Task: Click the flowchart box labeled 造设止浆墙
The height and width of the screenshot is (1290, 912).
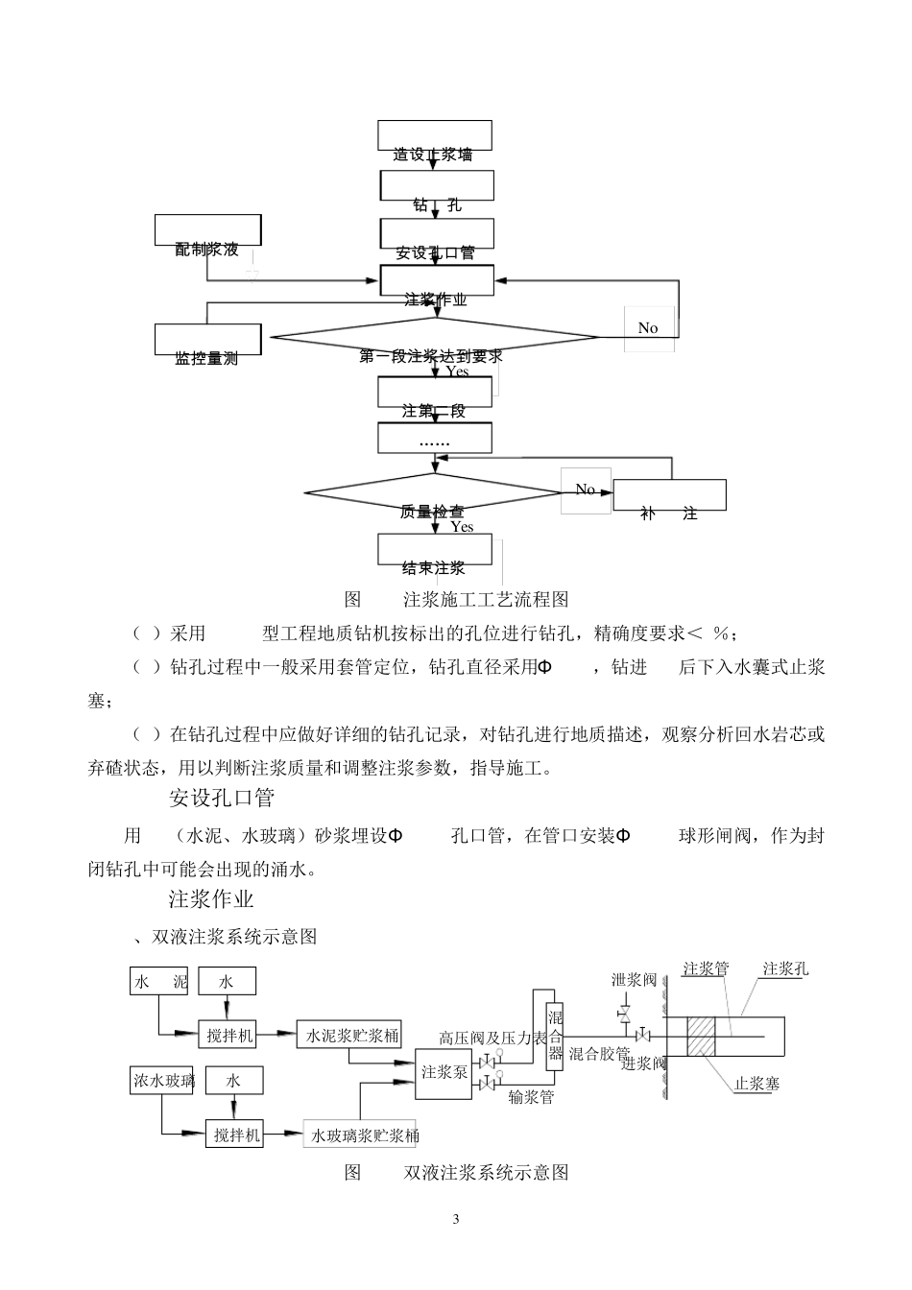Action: coord(435,136)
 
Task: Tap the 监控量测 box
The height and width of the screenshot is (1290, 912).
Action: coord(207,341)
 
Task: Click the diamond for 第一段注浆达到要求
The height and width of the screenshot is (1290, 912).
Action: coord(434,337)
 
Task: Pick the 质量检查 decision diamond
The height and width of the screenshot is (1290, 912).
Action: coord(433,494)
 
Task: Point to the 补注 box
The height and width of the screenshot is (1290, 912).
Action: coord(669,495)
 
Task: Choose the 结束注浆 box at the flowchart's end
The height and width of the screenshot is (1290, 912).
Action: coord(435,550)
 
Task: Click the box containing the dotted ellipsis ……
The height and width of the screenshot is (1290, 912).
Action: coord(435,439)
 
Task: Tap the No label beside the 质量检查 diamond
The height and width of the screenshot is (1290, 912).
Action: coord(586,490)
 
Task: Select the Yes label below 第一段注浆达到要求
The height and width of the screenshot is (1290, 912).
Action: coord(457,371)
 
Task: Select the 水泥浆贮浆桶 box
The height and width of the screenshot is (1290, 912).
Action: coord(348,1036)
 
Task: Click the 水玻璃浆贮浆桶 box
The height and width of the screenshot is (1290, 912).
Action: coord(360,1135)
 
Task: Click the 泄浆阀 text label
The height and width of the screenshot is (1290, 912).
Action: coord(634,979)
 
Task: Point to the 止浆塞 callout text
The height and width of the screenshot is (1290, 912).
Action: coord(756,1084)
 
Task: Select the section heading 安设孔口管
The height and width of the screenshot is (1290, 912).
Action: coord(222,797)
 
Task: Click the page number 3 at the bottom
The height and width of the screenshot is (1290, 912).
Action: coord(456,1220)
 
